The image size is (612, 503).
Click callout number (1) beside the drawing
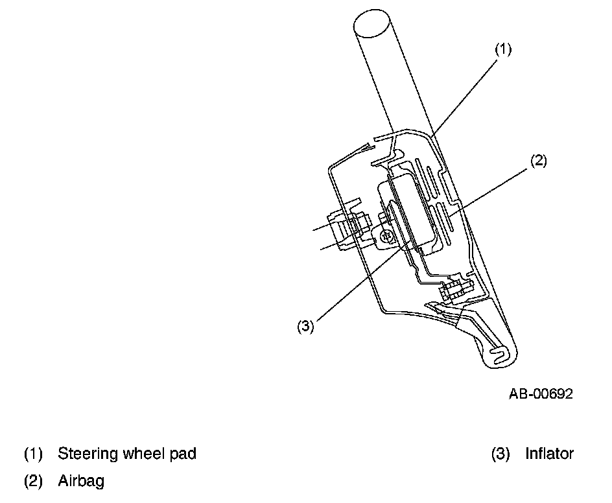tap(504, 50)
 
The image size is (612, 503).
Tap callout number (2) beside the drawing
tap(538, 161)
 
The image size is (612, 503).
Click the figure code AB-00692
tap(540, 394)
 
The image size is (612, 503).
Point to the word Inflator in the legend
tap(549, 454)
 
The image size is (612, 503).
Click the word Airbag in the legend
tap(80, 481)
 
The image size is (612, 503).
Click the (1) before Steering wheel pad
tap(33, 454)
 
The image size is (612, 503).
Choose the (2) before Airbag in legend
tap(33, 481)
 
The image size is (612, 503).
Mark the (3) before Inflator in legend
tap(500, 454)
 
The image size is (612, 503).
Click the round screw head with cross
tap(388, 237)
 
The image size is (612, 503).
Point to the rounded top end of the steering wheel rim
tap(375, 26)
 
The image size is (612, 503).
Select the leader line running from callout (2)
tap(493, 188)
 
